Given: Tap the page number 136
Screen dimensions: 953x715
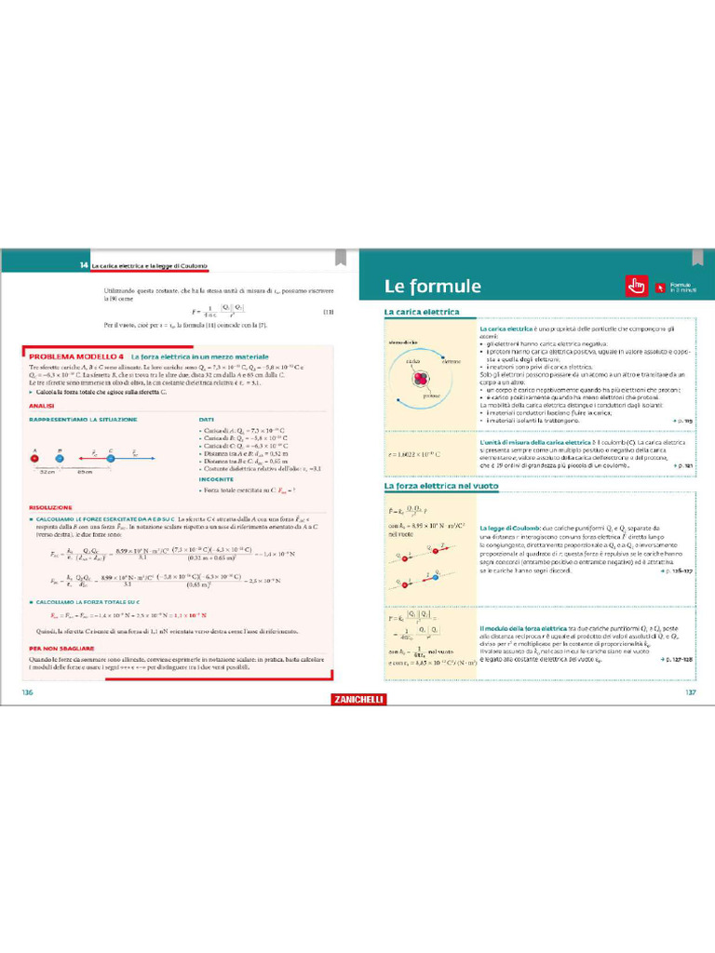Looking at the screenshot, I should tap(27, 691).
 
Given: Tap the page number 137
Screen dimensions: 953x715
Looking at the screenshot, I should tap(690, 691).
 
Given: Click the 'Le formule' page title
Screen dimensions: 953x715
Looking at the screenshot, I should tap(433, 286).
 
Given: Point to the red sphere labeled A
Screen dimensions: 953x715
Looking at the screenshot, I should tap(34, 456).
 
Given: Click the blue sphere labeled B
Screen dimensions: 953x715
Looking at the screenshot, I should tap(60, 456).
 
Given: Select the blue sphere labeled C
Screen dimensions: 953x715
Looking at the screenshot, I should tap(111, 456).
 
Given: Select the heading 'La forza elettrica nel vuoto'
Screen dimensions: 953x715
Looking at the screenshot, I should tap(441, 486).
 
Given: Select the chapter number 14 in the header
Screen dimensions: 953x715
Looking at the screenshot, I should tap(84, 266).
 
